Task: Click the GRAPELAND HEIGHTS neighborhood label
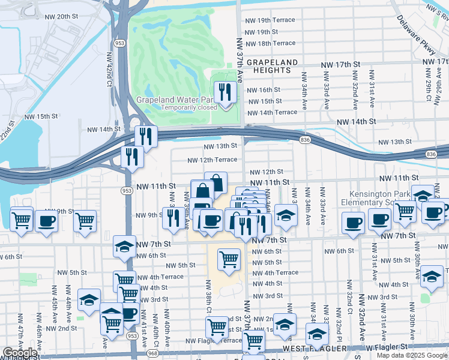click(273, 67)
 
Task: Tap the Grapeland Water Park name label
click(175, 100)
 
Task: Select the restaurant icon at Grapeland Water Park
click(225, 92)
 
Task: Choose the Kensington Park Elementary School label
click(383, 199)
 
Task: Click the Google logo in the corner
click(20, 353)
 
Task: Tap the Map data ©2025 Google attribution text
click(412, 355)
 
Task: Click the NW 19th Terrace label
click(270, 20)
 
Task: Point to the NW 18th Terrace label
click(270, 43)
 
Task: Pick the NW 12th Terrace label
click(212, 160)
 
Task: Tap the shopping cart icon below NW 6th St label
click(229, 259)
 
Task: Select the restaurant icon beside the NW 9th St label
click(173, 218)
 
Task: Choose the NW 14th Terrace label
click(272, 112)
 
